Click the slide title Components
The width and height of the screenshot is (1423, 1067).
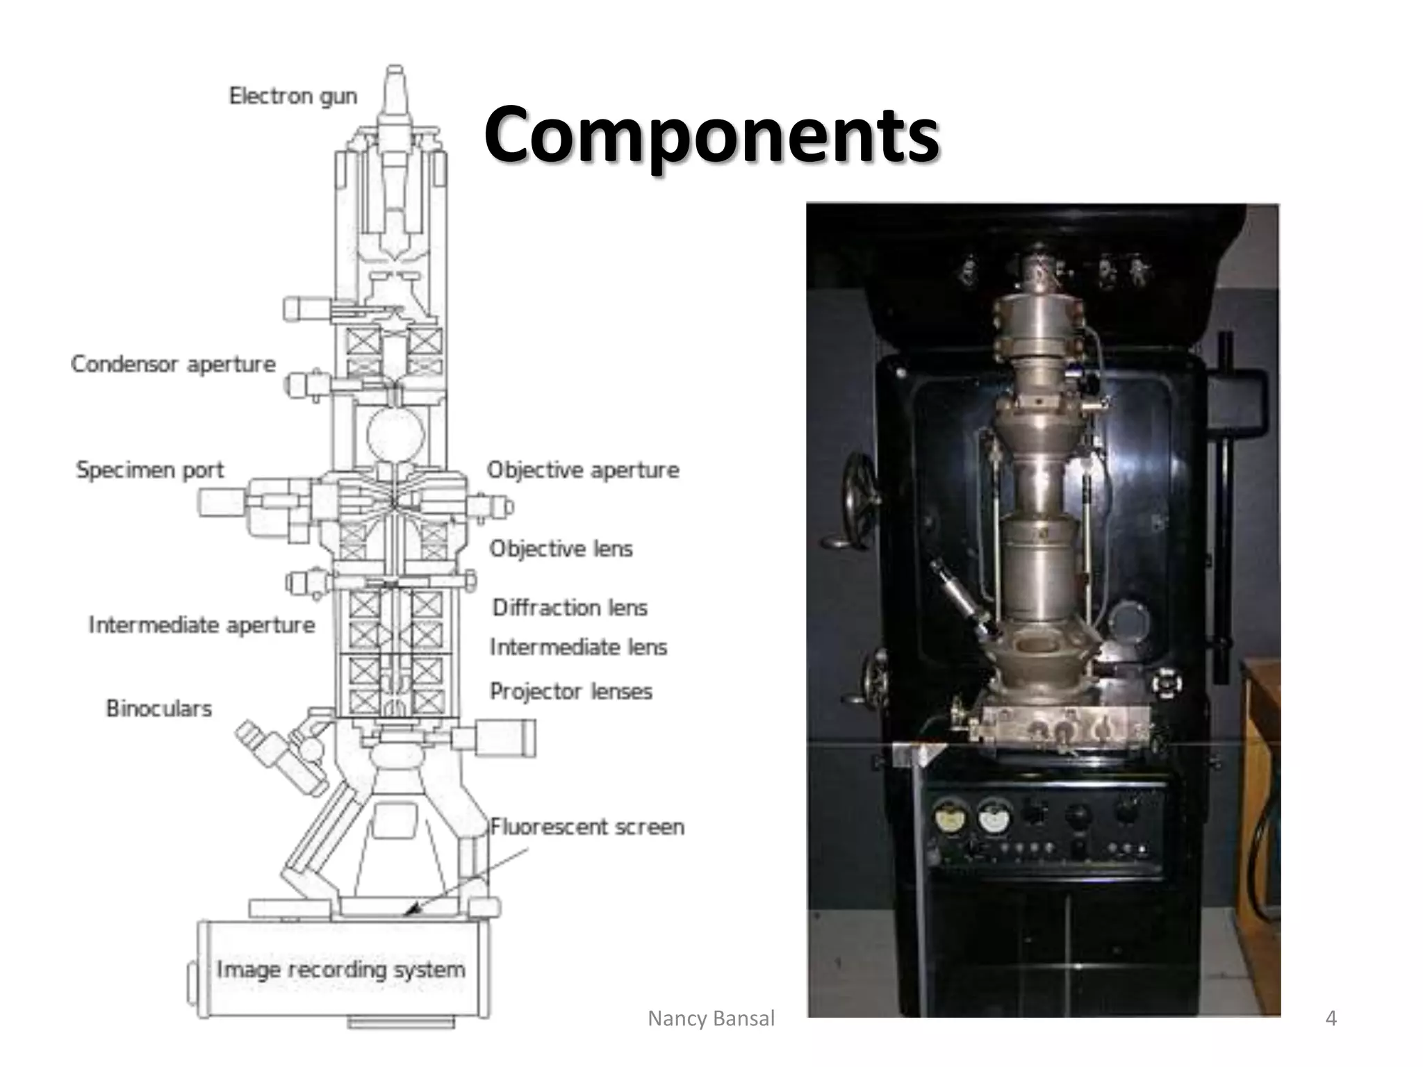pyautogui.click(x=711, y=133)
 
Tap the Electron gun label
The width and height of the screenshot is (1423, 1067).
pyautogui.click(x=293, y=96)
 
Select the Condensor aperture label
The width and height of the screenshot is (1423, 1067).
pyautogui.click(x=173, y=364)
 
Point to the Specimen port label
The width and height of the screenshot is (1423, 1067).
pyautogui.click(x=150, y=470)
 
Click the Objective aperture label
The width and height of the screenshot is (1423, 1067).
pyautogui.click(x=583, y=470)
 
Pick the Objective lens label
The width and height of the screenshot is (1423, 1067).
pyautogui.click(x=561, y=549)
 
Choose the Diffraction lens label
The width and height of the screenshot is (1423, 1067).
pyautogui.click(x=570, y=608)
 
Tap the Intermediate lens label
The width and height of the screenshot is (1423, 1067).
pyautogui.click(x=578, y=647)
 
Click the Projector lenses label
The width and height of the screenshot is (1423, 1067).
pyautogui.click(x=571, y=692)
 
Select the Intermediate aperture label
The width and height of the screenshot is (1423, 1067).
pyautogui.click(x=201, y=625)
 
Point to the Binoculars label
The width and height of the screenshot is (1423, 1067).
pyautogui.click(x=158, y=709)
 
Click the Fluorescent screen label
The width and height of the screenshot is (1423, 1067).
pyautogui.click(x=587, y=827)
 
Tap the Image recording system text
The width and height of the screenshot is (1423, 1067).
pyautogui.click(x=340, y=970)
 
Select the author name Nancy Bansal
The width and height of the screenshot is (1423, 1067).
pyautogui.click(x=711, y=1018)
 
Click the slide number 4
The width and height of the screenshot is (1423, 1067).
pyautogui.click(x=1331, y=1018)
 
